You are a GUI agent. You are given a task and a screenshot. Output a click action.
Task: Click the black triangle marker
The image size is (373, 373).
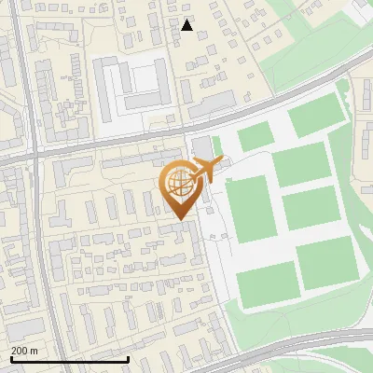(187, 25)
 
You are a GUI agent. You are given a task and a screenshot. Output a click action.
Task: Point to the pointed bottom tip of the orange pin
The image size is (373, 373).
(179, 219)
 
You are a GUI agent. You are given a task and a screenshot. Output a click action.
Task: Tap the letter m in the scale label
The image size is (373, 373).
(35, 351)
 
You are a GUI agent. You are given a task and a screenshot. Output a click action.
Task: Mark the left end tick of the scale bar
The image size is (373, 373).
(11, 359)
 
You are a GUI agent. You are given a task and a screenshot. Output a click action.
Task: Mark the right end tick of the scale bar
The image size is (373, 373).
(128, 359)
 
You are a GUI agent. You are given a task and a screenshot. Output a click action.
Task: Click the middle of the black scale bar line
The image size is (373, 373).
(70, 359)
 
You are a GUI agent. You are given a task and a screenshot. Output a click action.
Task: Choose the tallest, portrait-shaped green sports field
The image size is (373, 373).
(249, 210)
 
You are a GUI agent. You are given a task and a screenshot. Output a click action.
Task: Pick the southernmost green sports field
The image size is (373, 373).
(267, 283)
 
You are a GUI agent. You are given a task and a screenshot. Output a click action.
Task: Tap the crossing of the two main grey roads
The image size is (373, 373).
(35, 156)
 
